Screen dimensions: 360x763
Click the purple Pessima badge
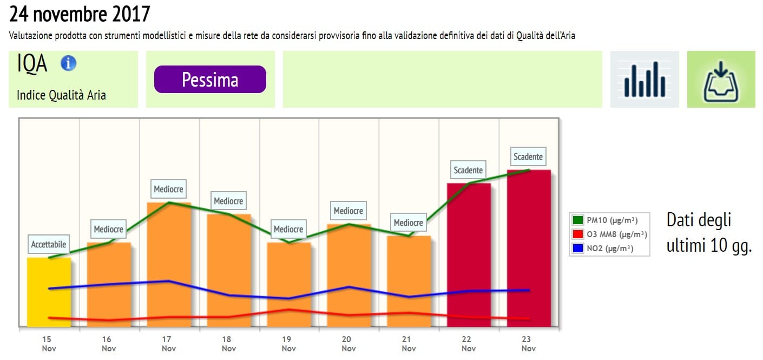click(x=210, y=80)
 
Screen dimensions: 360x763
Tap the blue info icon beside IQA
click(x=68, y=63)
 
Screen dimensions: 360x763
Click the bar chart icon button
click(x=644, y=80)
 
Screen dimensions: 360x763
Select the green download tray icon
click(x=721, y=80)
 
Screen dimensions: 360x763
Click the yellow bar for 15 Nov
click(x=49, y=292)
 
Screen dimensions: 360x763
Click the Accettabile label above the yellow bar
click(x=49, y=245)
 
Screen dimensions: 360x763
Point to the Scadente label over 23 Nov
click(x=528, y=157)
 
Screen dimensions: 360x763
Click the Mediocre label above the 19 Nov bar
click(x=288, y=230)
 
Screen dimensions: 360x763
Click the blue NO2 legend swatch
click(x=577, y=249)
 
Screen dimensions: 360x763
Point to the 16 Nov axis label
click(x=109, y=344)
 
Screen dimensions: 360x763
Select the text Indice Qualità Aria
click(x=61, y=96)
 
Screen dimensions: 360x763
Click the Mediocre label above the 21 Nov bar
click(x=409, y=223)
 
